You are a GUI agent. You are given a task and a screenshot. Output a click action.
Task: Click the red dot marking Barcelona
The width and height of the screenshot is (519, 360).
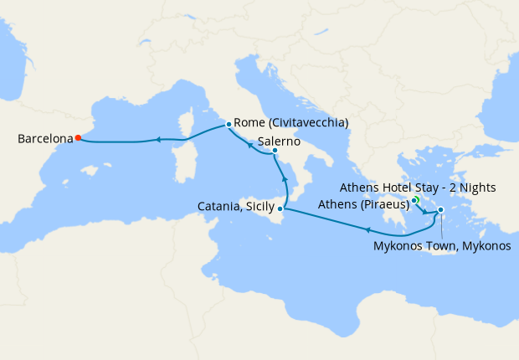[x=78, y=138]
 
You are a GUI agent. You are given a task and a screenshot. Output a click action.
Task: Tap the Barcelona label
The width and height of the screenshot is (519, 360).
[x=44, y=139]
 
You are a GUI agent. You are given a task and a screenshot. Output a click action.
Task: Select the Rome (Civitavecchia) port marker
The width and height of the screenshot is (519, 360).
[x=229, y=125]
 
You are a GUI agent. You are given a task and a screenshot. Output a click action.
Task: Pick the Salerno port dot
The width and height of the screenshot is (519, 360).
[x=275, y=151]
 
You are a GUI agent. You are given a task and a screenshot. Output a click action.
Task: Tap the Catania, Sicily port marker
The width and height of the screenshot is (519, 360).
[x=280, y=208]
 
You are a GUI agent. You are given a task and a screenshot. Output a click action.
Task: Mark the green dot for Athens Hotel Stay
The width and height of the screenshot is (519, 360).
[x=414, y=200]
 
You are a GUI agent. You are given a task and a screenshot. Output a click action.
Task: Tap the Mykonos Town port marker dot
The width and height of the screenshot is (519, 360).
[x=441, y=210]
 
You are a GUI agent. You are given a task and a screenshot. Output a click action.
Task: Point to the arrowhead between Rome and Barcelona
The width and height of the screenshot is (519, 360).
[x=157, y=140]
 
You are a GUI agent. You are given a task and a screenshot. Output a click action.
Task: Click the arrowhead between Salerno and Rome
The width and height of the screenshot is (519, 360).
[x=249, y=144]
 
